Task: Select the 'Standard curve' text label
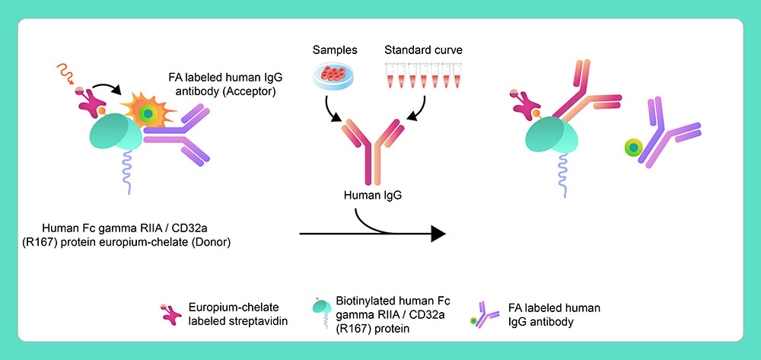pos(422,51)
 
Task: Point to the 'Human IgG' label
pos(372,196)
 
